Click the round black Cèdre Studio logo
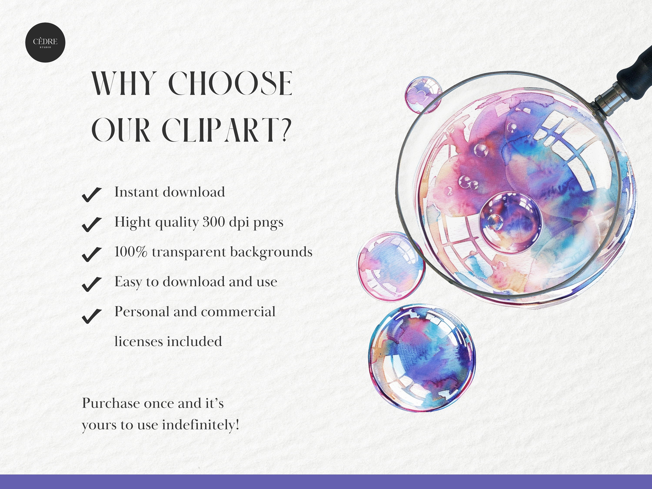[45, 42]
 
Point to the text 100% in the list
[131, 252]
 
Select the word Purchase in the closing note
[111, 403]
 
